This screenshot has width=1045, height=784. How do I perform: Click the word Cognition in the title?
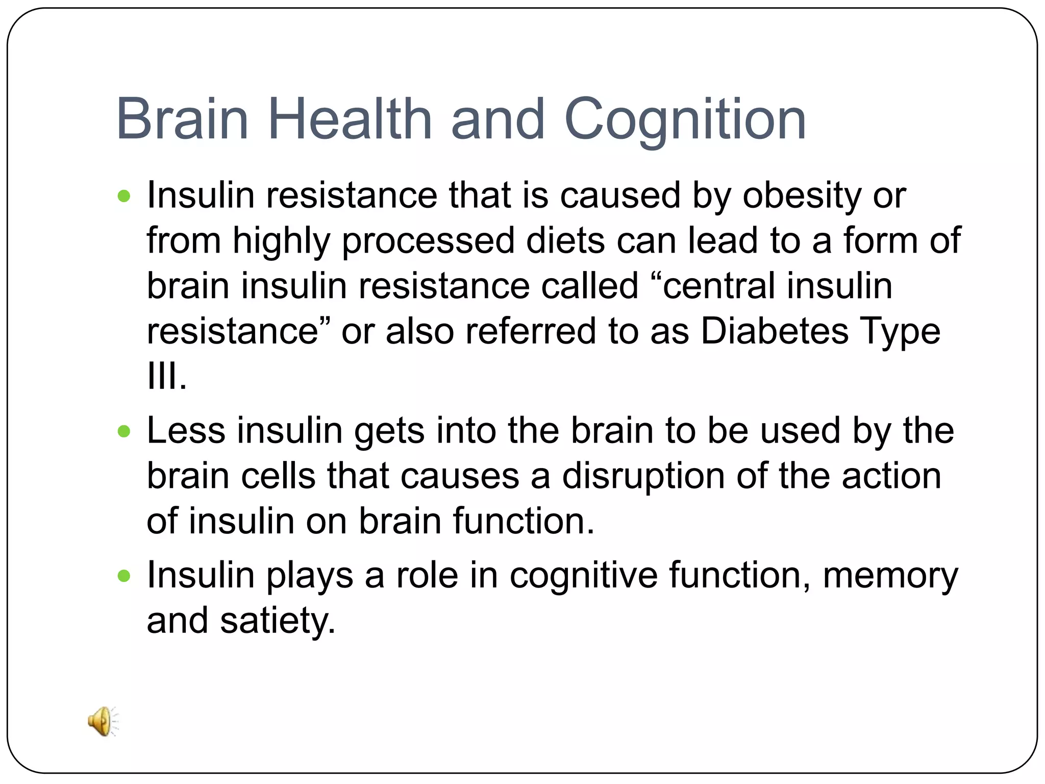coord(685,120)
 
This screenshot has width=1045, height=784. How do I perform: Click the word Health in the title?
coord(350,119)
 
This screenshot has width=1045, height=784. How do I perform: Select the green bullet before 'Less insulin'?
coord(124,432)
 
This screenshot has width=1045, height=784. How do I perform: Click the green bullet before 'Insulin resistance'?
coord(124,196)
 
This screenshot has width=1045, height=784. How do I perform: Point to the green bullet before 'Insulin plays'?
coord(124,577)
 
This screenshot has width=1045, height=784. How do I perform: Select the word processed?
coord(428,241)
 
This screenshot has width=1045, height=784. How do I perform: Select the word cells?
coord(278,477)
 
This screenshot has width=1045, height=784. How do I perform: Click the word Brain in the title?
coord(183,120)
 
